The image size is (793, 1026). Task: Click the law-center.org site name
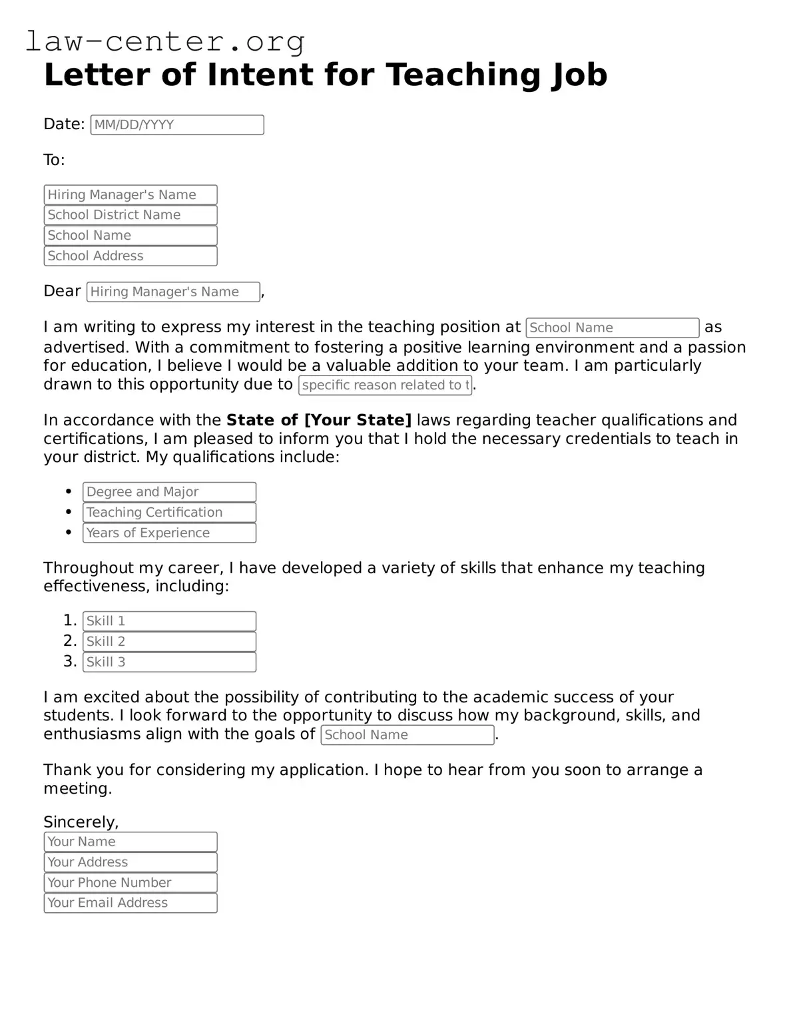click(165, 41)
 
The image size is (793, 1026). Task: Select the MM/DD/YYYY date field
click(177, 125)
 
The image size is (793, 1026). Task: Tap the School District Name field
click(131, 215)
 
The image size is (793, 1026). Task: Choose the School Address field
click(131, 256)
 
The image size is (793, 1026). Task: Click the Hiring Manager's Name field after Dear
click(173, 292)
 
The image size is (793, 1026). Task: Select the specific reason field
click(385, 385)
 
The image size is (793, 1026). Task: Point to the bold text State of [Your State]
click(319, 420)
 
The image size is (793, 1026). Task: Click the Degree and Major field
click(169, 492)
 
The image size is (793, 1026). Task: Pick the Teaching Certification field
click(169, 513)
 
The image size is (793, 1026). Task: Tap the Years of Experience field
click(169, 533)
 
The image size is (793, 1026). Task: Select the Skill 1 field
click(169, 621)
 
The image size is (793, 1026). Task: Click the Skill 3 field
click(169, 662)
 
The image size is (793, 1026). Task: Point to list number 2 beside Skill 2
click(70, 641)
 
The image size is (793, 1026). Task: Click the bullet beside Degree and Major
click(69, 492)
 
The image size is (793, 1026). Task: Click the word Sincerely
click(81, 822)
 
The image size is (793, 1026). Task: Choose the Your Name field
click(131, 842)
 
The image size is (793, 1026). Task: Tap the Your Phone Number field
click(131, 883)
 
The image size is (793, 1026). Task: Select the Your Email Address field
click(131, 903)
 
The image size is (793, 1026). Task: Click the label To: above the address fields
click(54, 160)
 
